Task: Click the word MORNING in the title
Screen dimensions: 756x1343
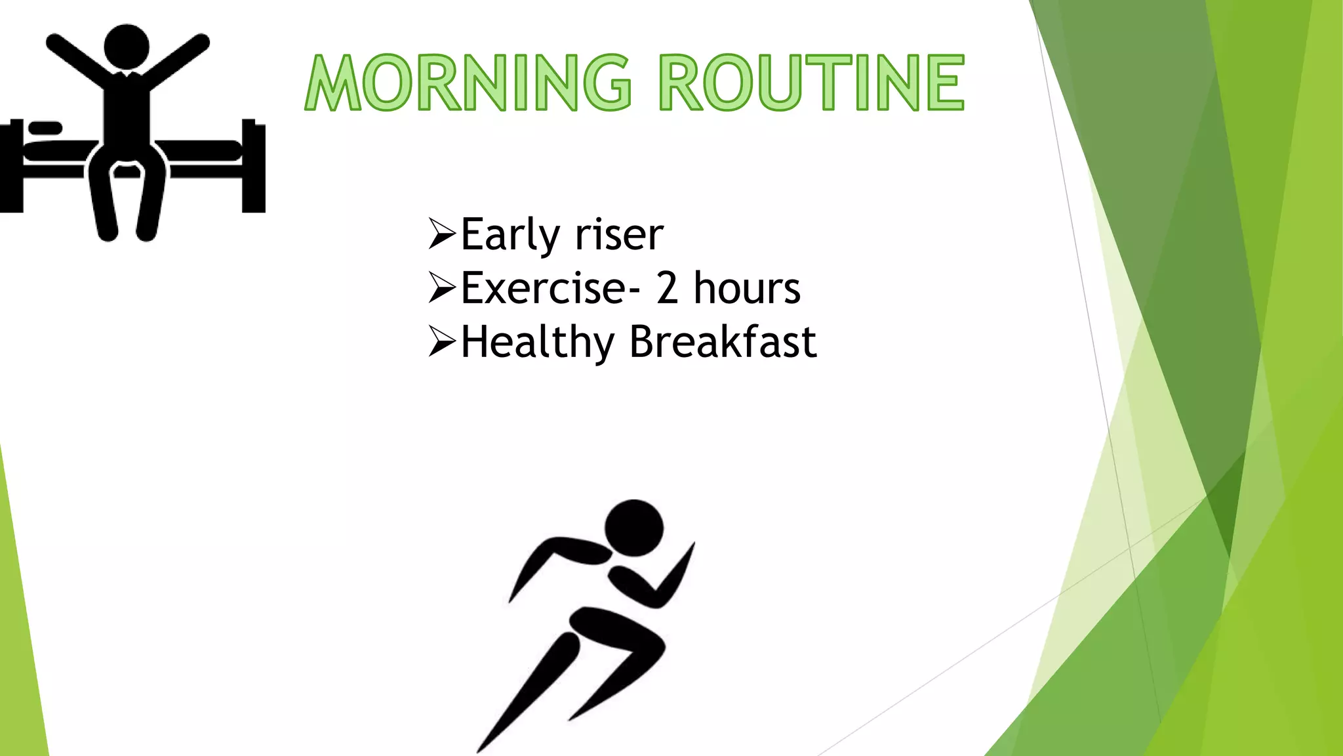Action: [x=468, y=83]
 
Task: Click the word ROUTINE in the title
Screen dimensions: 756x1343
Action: [x=811, y=83]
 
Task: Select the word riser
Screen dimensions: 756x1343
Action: [x=619, y=235]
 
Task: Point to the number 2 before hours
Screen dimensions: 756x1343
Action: [x=667, y=288]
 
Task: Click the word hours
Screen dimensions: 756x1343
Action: [x=747, y=288]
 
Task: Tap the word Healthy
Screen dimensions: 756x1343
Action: [x=537, y=343]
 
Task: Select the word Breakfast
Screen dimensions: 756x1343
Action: [x=723, y=342]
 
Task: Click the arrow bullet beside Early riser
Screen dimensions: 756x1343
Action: [x=441, y=234]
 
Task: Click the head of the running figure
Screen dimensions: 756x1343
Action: [x=633, y=529]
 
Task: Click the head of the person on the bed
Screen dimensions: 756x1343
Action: [x=127, y=46]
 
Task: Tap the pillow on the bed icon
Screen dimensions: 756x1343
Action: [x=45, y=127]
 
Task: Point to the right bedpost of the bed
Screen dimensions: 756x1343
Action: [x=253, y=167]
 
